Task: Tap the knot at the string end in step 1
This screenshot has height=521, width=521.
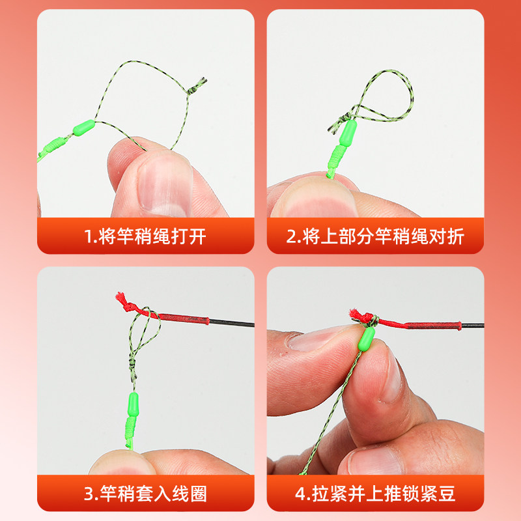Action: [x=197, y=85]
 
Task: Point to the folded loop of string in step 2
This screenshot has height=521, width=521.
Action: [x=384, y=98]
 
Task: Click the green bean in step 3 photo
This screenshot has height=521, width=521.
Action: [x=132, y=402]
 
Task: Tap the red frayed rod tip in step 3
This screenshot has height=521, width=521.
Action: [x=122, y=299]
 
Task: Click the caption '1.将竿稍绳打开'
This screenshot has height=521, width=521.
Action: [x=145, y=236]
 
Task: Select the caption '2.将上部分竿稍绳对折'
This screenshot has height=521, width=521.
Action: [x=375, y=236]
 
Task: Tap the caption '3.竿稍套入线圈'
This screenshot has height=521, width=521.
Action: [x=145, y=494]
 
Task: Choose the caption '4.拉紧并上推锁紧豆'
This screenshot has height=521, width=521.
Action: [x=375, y=494]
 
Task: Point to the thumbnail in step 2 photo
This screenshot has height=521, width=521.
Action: [x=306, y=199]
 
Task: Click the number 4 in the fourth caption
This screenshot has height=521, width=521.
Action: [x=300, y=494]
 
